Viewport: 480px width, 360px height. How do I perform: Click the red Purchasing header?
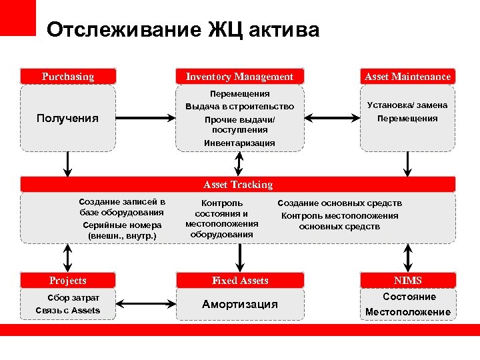click(68, 77)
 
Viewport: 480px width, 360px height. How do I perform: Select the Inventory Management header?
click(239, 77)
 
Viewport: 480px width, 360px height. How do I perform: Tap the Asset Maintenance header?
click(407, 77)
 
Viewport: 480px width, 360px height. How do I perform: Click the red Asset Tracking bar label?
click(238, 185)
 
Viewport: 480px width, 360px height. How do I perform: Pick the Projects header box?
click(68, 281)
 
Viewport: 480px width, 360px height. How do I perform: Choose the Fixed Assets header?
click(240, 281)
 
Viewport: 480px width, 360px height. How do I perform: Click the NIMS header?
click(407, 281)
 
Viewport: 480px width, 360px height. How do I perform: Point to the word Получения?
click(67, 118)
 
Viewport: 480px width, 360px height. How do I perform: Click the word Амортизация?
click(240, 304)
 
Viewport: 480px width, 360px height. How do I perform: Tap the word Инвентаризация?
click(239, 143)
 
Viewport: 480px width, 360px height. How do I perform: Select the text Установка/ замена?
click(407, 105)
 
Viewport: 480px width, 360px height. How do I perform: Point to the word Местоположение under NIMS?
click(408, 311)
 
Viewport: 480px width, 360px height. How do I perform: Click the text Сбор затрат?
click(73, 297)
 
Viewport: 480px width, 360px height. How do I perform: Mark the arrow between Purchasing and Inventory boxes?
click(145, 119)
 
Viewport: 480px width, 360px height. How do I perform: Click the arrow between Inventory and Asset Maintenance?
click(331, 119)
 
